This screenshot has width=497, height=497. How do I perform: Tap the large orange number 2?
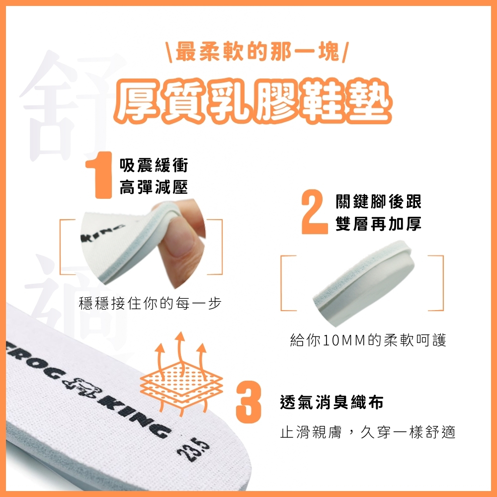click(x=314, y=212)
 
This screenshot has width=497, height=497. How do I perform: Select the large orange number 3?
click(x=248, y=403)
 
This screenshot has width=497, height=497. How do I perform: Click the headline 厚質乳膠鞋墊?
click(x=253, y=100)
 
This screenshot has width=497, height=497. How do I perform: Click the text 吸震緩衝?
click(x=154, y=165)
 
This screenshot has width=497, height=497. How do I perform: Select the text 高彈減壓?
click(x=154, y=187)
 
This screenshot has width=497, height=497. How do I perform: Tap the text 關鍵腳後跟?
click(x=378, y=202)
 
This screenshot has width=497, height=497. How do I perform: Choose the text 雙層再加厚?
click(x=378, y=224)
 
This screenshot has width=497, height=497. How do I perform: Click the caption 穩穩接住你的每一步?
click(x=150, y=303)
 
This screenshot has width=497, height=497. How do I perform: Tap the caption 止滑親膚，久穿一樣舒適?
click(x=368, y=432)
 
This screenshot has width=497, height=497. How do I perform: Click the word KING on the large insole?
click(x=136, y=418)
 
